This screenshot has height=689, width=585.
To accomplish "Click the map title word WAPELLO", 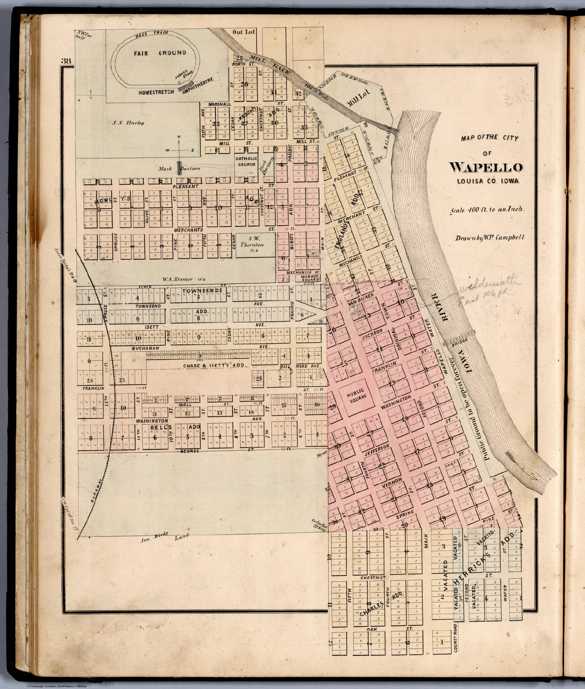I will [486, 167].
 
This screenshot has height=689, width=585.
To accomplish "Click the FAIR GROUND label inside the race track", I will [154, 53].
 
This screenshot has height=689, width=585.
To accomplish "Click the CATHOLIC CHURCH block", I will [246, 161].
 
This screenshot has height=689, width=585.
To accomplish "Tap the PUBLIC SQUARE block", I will [357, 396].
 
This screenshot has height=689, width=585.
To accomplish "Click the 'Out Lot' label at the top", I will [244, 32].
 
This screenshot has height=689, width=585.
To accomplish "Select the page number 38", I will [65, 61].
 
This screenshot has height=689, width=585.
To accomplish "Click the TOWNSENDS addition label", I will [202, 291].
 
